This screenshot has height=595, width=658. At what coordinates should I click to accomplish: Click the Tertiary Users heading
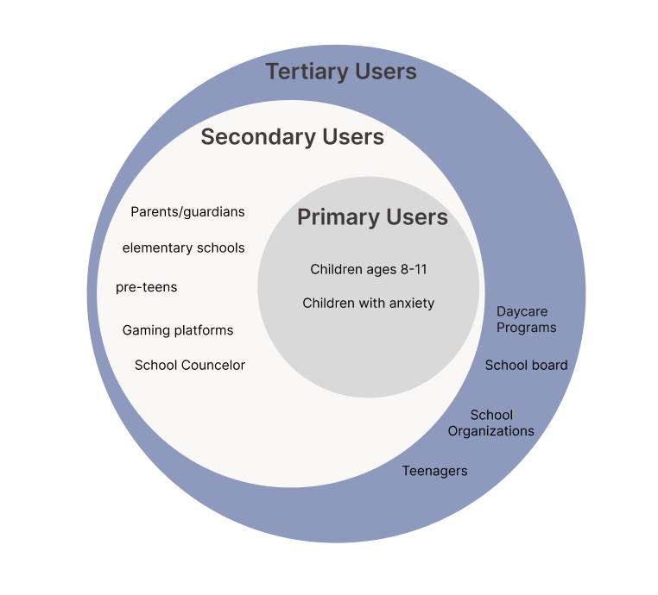click(x=341, y=72)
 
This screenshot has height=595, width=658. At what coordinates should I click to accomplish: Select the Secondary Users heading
click(x=292, y=137)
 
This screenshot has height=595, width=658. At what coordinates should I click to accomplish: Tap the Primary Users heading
click(x=372, y=217)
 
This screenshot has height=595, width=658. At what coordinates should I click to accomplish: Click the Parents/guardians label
click(x=187, y=212)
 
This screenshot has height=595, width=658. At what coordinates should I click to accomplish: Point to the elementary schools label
click(x=183, y=248)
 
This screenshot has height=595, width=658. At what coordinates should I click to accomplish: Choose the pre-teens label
click(x=146, y=287)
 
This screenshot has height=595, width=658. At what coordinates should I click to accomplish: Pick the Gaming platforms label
click(x=178, y=330)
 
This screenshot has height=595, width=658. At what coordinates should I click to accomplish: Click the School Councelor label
click(x=190, y=366)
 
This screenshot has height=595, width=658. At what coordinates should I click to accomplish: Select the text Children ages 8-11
click(x=369, y=270)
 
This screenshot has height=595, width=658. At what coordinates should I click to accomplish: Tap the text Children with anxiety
click(x=369, y=304)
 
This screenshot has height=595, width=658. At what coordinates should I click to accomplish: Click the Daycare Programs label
click(x=526, y=320)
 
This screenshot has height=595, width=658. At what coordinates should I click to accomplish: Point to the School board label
click(x=526, y=366)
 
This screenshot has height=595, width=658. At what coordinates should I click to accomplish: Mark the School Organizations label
click(x=491, y=423)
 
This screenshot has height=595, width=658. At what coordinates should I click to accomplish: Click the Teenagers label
click(x=434, y=471)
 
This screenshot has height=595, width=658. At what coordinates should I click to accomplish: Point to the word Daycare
click(x=522, y=312)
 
